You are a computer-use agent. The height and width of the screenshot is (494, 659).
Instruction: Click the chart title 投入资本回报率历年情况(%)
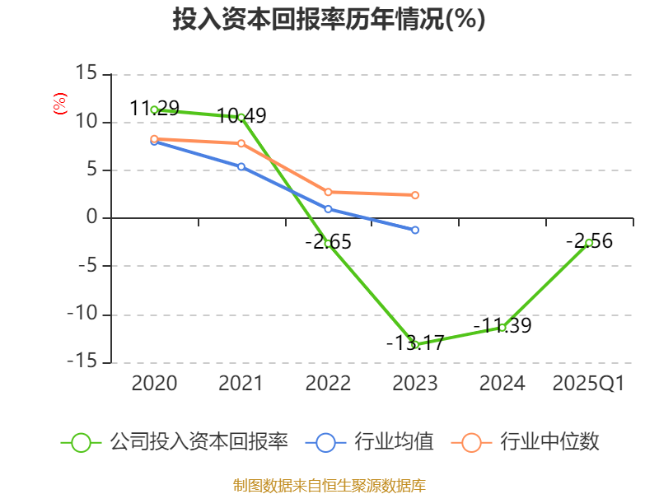point(329,20)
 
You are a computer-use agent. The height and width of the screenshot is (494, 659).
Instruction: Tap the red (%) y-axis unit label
point(59,104)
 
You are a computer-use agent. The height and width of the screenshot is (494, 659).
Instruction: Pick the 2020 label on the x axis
point(154,383)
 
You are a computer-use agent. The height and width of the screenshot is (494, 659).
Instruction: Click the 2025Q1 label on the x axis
point(588,383)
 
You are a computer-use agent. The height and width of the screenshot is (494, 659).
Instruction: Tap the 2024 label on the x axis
point(502,383)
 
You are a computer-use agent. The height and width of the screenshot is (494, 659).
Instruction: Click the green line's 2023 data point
point(415,344)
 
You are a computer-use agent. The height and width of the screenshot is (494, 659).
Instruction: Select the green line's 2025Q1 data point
point(589,243)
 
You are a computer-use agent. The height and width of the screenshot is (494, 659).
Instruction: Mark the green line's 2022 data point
point(328,244)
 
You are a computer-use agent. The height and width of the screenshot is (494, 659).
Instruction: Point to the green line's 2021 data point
point(241,117)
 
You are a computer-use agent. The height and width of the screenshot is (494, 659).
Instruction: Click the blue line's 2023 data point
point(415,230)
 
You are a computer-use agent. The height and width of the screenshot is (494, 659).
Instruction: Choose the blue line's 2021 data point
point(241,166)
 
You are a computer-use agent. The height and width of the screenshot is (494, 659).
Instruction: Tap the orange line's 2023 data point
point(415,195)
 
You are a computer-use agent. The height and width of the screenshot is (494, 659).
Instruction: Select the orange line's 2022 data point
point(328,192)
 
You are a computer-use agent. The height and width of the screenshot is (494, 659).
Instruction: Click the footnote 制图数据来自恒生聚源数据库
point(329,485)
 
